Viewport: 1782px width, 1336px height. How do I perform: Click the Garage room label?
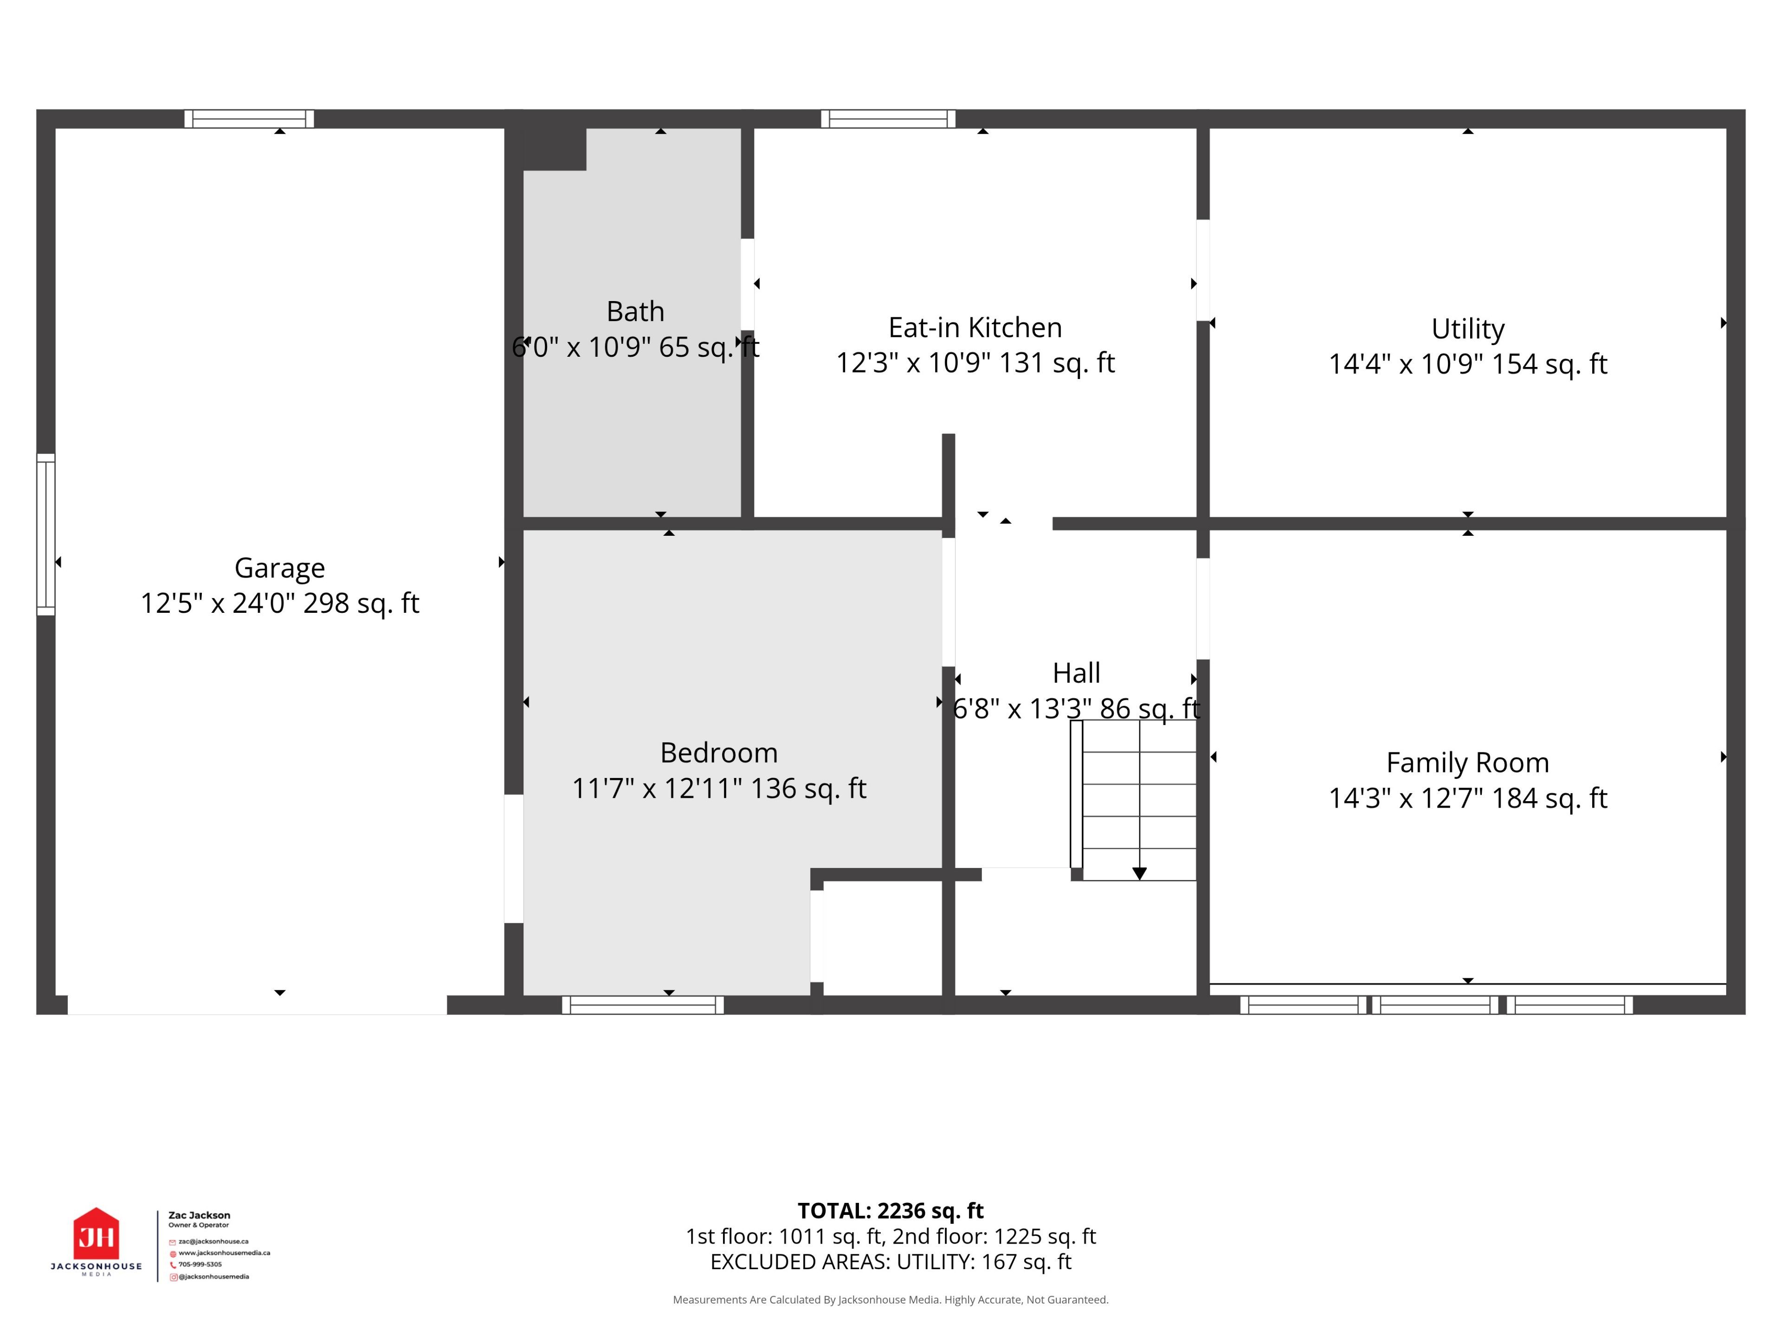pos(279,568)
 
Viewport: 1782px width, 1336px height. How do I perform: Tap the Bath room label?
pos(636,311)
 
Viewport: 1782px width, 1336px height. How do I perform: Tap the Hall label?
pos(1076,673)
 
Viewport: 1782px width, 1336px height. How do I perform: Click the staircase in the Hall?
pos(1134,800)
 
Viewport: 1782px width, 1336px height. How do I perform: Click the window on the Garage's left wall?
pos(46,535)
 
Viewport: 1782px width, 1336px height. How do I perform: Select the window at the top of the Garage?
pos(249,119)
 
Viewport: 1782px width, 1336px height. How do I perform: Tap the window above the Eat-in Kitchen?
pos(888,119)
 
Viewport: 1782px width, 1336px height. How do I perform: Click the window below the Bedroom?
pos(643,1005)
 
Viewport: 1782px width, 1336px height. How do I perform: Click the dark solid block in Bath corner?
pos(554,149)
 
